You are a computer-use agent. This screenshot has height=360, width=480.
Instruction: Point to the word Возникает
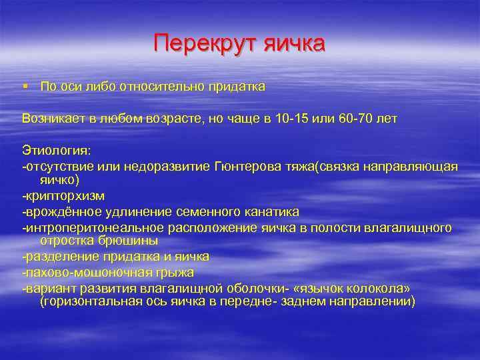(x=51, y=118)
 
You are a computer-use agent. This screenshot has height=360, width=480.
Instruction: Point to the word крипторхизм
(x=63, y=196)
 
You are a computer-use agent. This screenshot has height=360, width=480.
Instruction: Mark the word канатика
(x=273, y=211)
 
